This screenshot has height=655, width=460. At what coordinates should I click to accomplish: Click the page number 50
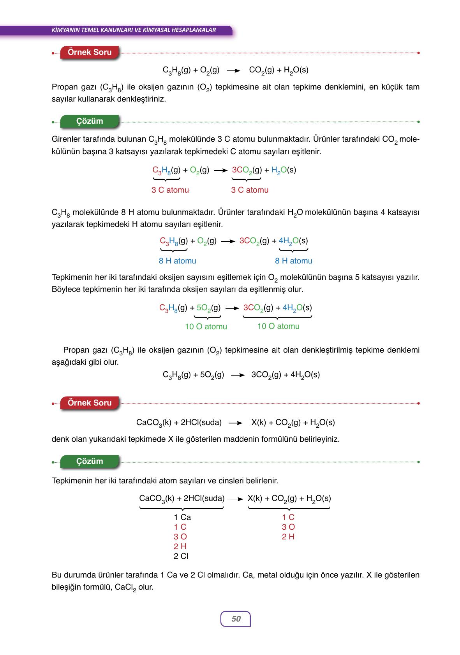[236, 619]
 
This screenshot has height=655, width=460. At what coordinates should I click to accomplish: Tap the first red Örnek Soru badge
[90, 52]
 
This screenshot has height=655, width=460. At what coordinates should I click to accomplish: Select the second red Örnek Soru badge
[90, 403]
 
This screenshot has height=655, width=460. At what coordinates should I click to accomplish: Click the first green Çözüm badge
[90, 121]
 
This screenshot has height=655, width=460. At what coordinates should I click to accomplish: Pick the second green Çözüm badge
[90, 461]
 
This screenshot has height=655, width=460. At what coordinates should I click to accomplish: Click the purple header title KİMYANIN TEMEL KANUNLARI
[134, 30]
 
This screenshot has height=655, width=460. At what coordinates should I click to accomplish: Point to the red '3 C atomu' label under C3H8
[170, 190]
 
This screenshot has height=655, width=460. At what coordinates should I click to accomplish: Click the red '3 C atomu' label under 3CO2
[250, 190]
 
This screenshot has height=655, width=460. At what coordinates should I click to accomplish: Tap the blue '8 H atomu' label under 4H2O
[294, 261]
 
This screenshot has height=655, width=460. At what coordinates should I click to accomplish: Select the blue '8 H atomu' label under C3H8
[178, 261]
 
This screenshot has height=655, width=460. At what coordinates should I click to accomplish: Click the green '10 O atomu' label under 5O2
[206, 327]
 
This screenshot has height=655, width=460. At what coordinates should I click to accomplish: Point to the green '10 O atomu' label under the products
[278, 326]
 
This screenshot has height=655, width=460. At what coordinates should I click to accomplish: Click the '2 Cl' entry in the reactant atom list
[181, 556]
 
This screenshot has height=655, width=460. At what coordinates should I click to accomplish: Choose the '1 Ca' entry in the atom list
[182, 517]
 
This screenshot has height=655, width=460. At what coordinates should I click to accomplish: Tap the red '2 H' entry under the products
[288, 537]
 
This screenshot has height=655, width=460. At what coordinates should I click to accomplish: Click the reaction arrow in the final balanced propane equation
[238, 375]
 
